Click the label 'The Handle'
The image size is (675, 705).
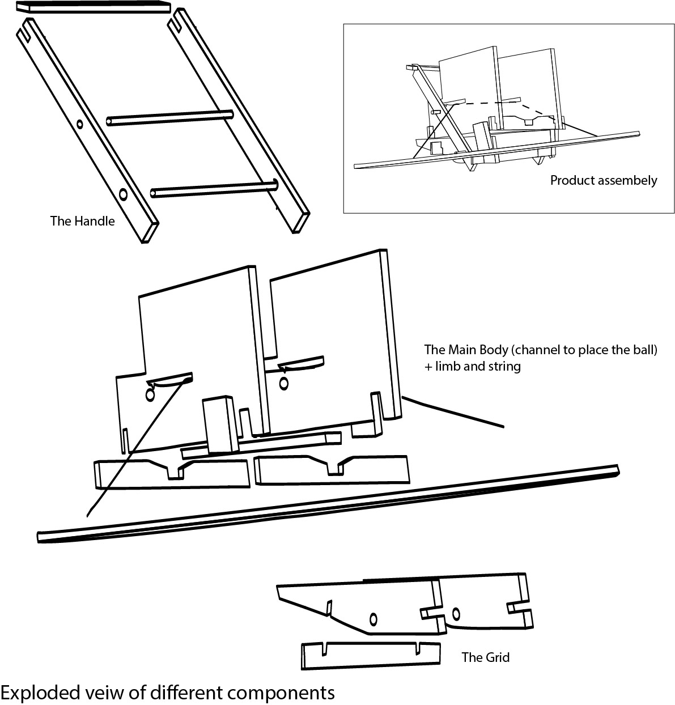pyautogui.click(x=82, y=221)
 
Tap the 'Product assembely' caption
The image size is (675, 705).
pyautogui.click(x=604, y=181)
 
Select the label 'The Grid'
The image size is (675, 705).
pyautogui.click(x=486, y=657)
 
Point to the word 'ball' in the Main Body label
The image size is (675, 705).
pyautogui.click(x=627, y=350)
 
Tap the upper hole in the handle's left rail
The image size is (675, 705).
pyautogui.click(x=79, y=124)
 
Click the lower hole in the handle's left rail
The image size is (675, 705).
pyautogui.click(x=123, y=195)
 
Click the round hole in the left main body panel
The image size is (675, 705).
pyautogui.click(x=150, y=394)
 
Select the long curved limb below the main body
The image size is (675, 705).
pyautogui.click(x=329, y=504)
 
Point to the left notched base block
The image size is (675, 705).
pyautogui.click(x=170, y=473)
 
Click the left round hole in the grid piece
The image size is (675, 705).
pyautogui.click(x=373, y=618)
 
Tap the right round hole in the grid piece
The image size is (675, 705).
pyautogui.click(x=456, y=614)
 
